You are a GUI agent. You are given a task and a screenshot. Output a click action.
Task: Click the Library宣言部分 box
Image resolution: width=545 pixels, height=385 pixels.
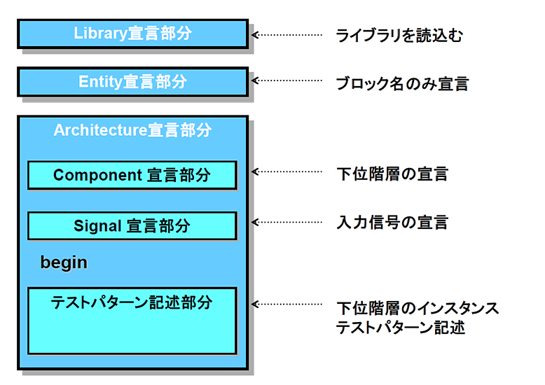point(133,34)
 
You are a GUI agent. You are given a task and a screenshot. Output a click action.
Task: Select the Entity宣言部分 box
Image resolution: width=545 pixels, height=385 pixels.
point(133,82)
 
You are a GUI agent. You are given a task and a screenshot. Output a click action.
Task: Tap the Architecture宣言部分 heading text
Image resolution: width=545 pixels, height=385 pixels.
point(133,130)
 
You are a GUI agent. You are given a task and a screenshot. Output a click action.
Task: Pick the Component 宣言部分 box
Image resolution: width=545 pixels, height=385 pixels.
point(132,175)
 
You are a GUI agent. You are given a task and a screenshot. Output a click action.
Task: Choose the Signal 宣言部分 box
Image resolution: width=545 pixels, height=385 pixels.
point(132,226)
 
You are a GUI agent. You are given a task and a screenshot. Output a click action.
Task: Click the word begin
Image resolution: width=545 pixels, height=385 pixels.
point(64,262)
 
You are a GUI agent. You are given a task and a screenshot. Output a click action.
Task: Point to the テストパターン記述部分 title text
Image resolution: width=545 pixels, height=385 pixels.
point(132,302)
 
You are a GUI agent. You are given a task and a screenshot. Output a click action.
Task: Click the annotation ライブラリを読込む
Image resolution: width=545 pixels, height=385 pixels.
point(399,36)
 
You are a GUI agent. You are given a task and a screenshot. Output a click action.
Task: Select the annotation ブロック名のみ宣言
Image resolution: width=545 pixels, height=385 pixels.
point(403,84)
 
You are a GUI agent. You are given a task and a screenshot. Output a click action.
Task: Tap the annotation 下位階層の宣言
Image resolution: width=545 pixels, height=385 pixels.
point(392,174)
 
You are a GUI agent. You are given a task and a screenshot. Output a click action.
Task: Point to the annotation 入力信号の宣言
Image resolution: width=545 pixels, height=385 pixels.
point(392,223)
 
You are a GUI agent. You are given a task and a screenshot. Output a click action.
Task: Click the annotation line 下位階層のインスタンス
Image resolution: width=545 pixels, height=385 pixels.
point(418,308)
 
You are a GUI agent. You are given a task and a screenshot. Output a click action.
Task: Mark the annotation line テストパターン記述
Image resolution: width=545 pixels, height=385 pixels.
point(401,328)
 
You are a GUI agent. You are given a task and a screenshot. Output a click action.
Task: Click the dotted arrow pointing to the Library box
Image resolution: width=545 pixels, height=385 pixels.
point(287,35)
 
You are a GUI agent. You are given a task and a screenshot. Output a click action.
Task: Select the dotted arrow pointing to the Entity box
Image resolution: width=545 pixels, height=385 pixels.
point(287,80)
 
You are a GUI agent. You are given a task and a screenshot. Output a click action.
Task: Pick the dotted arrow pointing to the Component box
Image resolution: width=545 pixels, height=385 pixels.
point(287,171)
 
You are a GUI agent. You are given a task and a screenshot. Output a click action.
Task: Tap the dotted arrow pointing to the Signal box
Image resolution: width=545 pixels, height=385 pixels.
point(287,223)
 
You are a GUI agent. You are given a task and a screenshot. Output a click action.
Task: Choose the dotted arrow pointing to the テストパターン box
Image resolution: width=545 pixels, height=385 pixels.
point(287,304)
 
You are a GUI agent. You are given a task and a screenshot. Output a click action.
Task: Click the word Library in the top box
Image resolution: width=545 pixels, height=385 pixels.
point(100,34)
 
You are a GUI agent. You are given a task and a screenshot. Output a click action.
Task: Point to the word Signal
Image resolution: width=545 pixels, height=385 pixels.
point(97,226)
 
